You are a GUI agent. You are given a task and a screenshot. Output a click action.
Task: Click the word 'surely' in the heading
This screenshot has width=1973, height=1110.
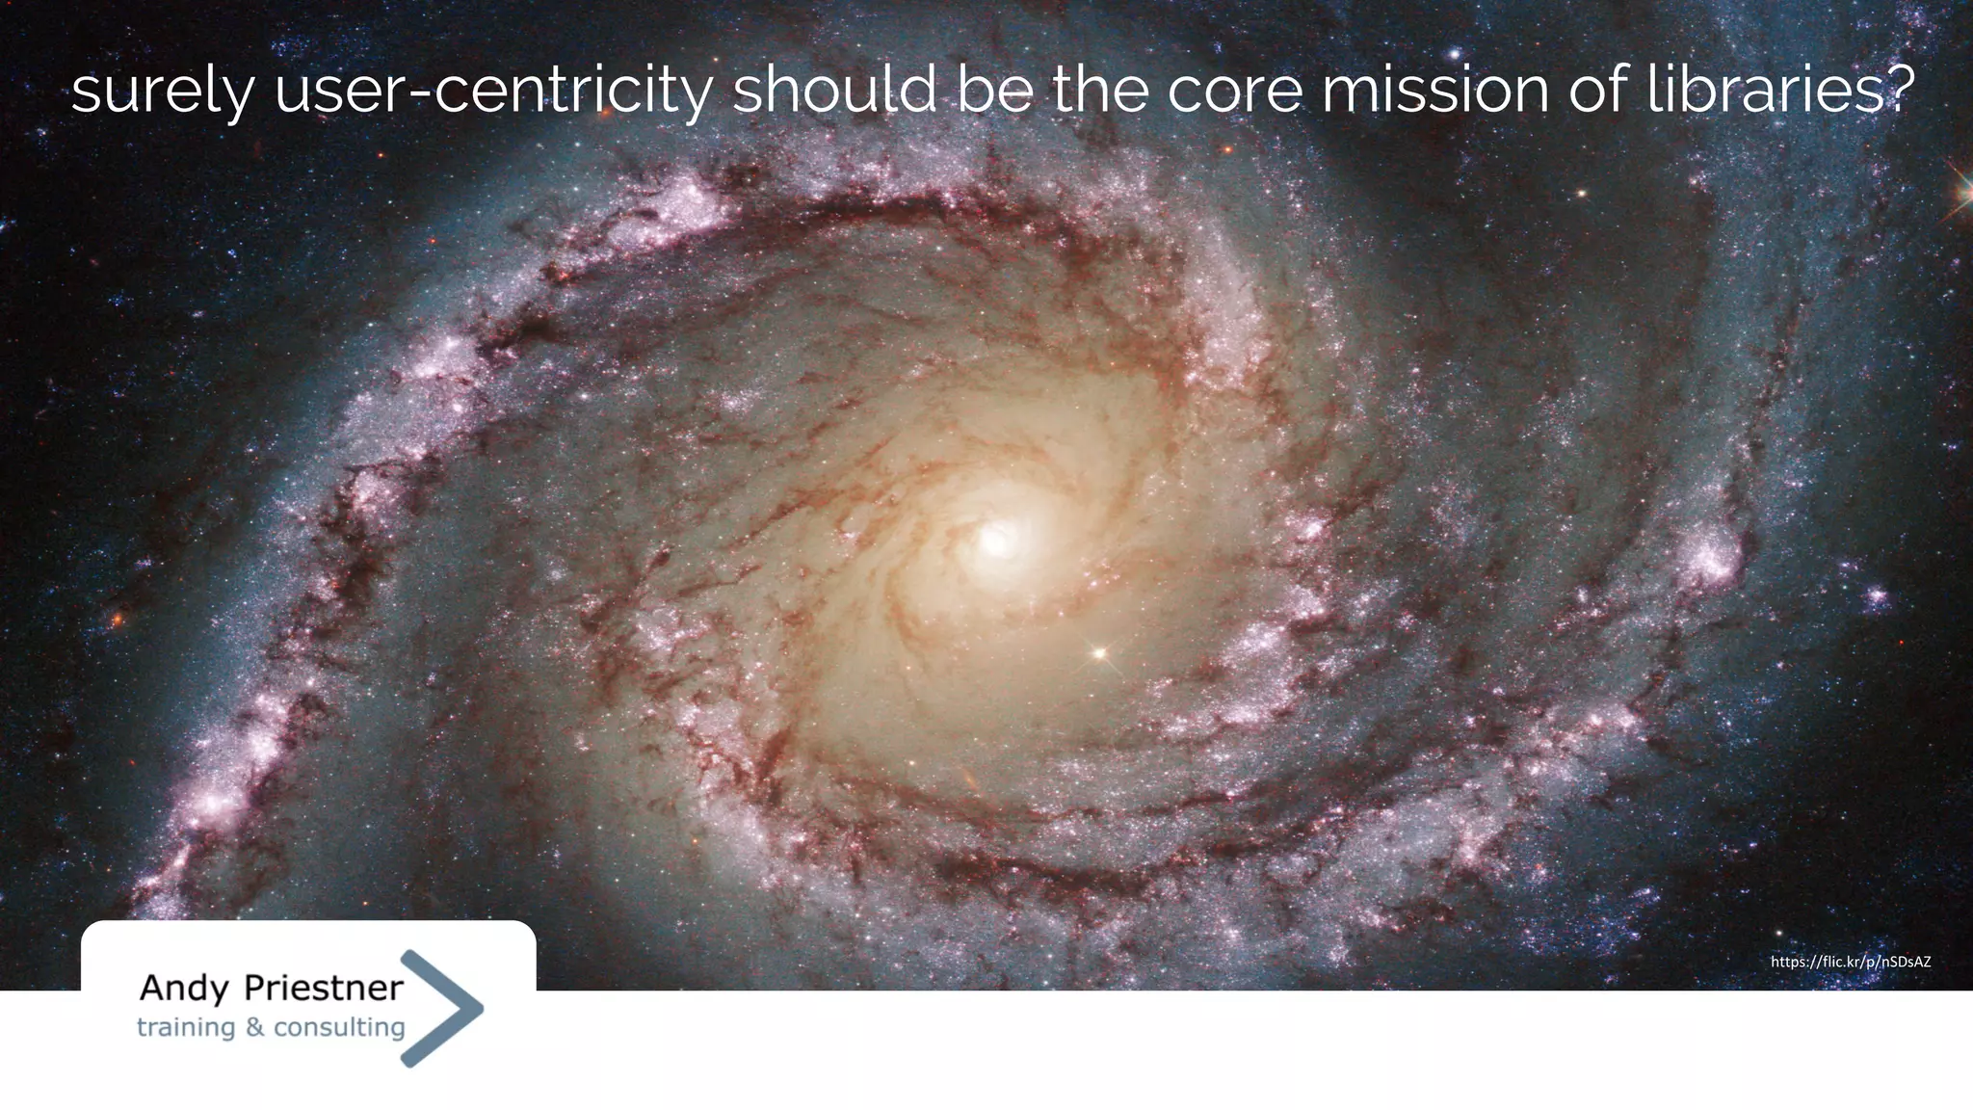click(x=162, y=92)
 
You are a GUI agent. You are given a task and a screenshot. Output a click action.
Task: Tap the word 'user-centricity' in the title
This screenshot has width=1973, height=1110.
click(x=493, y=92)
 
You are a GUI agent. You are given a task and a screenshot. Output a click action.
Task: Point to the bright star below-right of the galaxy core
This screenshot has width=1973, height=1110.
click(x=1098, y=654)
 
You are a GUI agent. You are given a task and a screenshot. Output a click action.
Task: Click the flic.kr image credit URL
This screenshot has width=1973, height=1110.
click(x=1850, y=962)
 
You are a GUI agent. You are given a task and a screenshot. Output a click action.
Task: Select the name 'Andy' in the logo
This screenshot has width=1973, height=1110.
click(x=184, y=988)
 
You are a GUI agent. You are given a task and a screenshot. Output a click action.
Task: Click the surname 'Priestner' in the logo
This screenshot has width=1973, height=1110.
click(x=323, y=988)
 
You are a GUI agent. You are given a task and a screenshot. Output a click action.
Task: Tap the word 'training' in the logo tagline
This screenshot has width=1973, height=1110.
click(x=185, y=1028)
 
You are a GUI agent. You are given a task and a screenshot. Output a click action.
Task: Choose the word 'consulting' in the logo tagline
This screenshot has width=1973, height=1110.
click(x=338, y=1027)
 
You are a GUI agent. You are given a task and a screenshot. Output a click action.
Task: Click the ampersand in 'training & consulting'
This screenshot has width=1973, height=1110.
click(x=254, y=1027)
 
